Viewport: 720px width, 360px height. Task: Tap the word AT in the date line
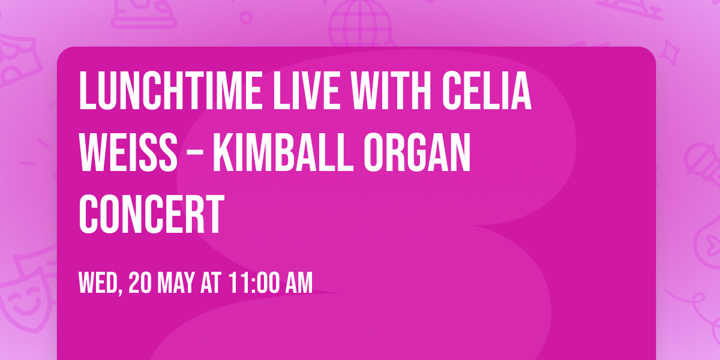211,283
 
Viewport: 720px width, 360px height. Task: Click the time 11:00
253,283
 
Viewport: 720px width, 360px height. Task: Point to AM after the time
299,283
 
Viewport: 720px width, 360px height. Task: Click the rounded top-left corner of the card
63,53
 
